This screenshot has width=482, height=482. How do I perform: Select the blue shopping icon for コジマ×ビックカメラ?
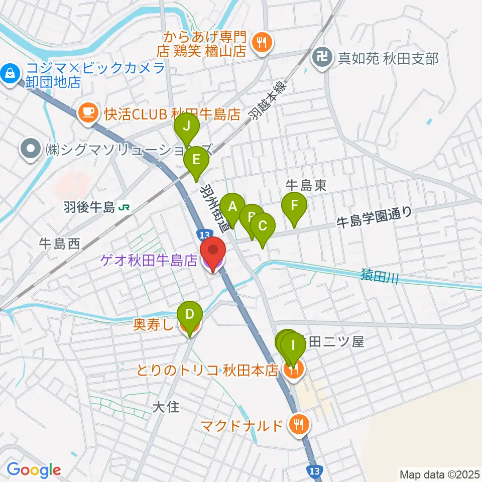10,74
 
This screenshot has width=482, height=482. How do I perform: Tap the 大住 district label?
166,406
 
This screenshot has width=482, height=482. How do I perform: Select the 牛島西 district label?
60,245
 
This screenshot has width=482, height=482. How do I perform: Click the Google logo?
34,470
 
